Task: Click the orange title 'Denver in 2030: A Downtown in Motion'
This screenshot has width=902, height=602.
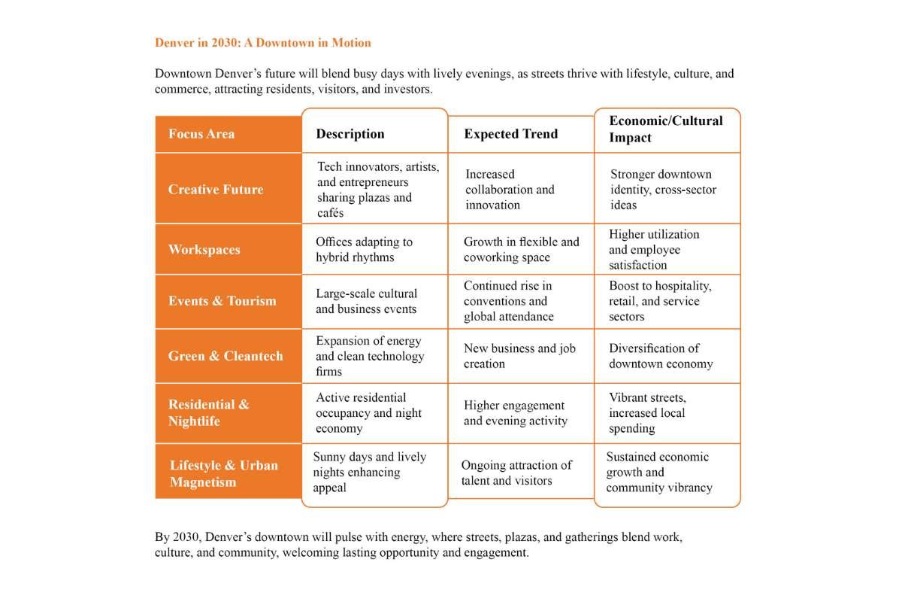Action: (x=262, y=43)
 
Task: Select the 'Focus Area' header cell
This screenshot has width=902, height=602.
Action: (x=201, y=134)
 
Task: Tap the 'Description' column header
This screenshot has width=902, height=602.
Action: (x=350, y=134)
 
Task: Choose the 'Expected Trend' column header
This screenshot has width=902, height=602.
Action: (x=511, y=134)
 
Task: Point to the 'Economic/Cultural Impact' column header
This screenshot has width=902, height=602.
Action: (x=666, y=129)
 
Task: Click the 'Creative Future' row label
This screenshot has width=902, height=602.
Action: (x=216, y=190)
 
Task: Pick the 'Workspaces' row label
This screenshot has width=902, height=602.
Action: (x=204, y=250)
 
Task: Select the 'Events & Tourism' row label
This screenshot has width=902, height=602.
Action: (x=222, y=301)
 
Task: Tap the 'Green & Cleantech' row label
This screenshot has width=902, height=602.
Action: (x=225, y=356)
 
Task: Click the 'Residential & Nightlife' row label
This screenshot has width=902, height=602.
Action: (x=209, y=412)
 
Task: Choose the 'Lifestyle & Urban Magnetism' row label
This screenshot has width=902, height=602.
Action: (x=224, y=473)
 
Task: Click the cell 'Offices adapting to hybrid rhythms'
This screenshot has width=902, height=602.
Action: (x=365, y=250)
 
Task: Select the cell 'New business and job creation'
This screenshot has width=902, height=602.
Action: (x=519, y=356)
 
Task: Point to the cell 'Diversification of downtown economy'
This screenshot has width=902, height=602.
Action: (x=661, y=356)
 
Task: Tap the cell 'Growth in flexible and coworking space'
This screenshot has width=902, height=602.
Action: (x=522, y=250)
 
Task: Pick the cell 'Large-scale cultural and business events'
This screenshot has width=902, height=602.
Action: (x=366, y=301)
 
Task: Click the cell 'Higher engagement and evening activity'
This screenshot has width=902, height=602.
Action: (x=516, y=413)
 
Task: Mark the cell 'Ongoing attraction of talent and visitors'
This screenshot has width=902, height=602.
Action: (x=516, y=473)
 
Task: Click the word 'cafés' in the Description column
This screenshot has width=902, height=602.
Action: (x=330, y=213)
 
